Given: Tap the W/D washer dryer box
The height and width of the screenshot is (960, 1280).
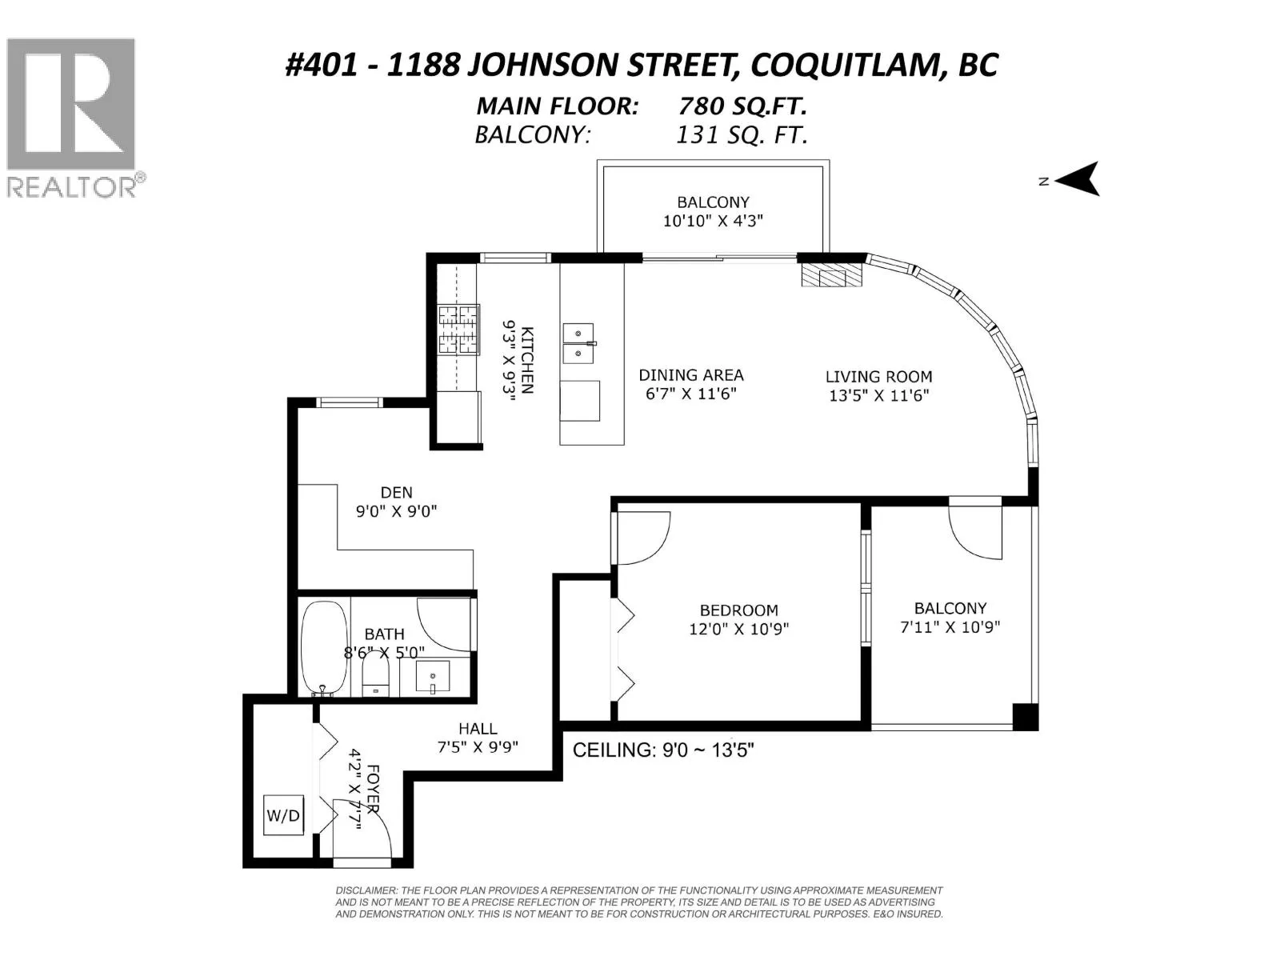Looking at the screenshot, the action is pos(283,815).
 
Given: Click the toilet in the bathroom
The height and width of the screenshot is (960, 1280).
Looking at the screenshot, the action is pos(376,676).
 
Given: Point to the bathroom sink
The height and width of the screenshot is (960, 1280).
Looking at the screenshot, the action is pos(433,676).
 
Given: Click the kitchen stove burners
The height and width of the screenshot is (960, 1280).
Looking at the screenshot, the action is pos(459,330).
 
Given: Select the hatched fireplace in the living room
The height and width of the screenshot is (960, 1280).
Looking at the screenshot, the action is pos(831,274).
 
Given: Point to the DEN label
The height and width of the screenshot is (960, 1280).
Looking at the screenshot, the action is pos(397,493).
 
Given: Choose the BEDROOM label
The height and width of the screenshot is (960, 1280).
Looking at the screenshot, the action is pos(739,610).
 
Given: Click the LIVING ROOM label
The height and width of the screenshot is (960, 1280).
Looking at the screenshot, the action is pos(878,377).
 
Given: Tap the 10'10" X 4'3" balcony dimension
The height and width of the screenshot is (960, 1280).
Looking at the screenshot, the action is pos(713,221).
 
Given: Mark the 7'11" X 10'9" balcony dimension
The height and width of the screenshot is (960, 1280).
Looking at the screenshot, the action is pos(950,627).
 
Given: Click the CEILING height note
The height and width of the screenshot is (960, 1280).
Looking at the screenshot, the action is pos(664,750).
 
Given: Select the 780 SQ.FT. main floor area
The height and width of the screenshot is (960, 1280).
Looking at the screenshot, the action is pos(742,106).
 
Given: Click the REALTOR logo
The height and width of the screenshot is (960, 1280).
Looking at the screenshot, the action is pos(75,118).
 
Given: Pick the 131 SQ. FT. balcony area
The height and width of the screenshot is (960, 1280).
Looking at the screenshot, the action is pos(741,135).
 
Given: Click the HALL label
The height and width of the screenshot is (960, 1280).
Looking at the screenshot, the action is pos(478,729).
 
